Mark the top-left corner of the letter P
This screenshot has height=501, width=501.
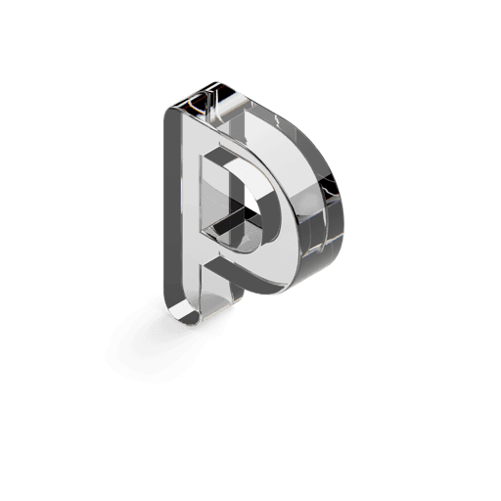(x=167, y=110)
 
